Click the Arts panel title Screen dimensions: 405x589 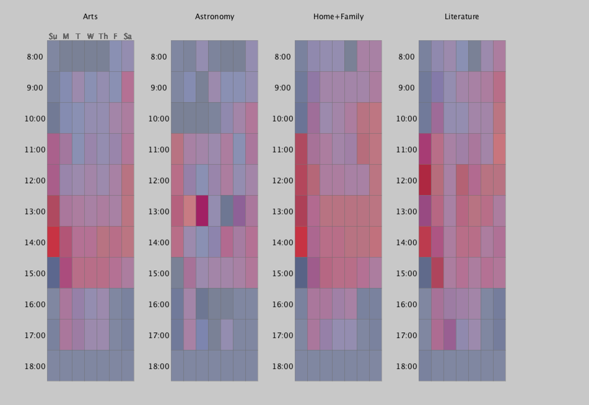tap(90, 17)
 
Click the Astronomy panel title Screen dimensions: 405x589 tap(215, 17)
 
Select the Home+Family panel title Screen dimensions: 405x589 tap(338, 17)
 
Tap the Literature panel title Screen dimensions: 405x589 tap(462, 17)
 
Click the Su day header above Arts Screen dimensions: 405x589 tap(53, 37)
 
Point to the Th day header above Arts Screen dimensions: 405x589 tap(103, 37)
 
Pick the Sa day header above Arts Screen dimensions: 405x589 tap(128, 37)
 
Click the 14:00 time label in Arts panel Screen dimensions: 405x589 tap(35, 242)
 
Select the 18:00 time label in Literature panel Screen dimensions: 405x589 tap(407, 366)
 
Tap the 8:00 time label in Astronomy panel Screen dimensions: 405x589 tap(159, 57)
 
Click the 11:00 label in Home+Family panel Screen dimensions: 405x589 tap(283, 150)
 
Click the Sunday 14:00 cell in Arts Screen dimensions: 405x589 tap(53, 242)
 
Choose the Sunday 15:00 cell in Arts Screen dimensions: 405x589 tap(53, 273)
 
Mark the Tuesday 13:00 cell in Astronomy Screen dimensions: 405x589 tap(202, 211)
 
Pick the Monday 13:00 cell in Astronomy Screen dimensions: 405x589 tap(190, 211)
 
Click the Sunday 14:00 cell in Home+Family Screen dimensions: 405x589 tap(301, 242)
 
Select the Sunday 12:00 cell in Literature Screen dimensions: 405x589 tap(425, 180)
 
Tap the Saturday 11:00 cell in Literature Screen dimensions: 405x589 tap(499, 149)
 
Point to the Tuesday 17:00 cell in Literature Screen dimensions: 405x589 tap(450, 335)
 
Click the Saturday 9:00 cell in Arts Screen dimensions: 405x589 tap(128, 87)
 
